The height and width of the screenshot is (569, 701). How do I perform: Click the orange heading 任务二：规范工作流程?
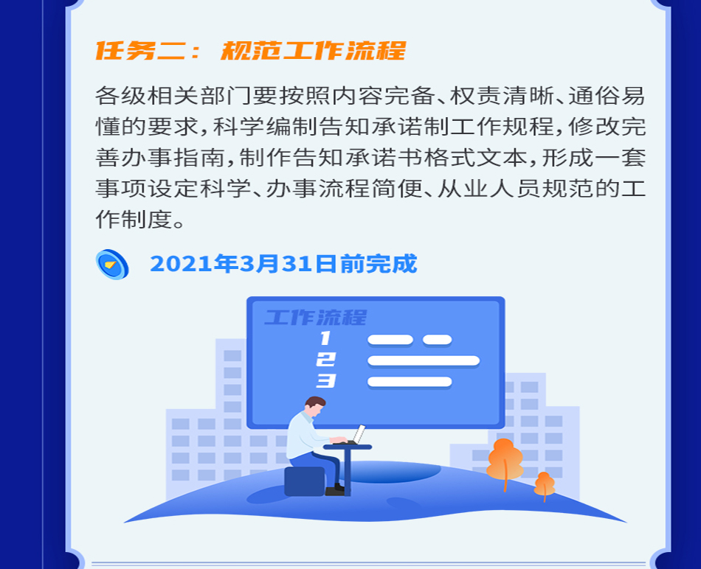[x=251, y=50]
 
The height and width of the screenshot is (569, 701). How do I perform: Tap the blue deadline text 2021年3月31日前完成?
[x=283, y=264]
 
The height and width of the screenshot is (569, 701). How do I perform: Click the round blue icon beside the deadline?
[x=112, y=265]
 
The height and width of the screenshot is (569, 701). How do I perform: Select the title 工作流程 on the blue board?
[x=316, y=318]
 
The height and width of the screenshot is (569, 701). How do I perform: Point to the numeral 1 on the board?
[x=325, y=338]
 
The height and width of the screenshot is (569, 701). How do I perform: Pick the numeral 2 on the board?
[x=326, y=360]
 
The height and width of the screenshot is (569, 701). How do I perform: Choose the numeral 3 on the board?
[x=326, y=381]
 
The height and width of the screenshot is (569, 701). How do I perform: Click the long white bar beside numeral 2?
[x=424, y=361]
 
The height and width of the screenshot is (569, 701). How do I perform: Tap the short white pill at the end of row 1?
[x=438, y=340]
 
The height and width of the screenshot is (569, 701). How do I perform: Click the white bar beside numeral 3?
[x=410, y=382]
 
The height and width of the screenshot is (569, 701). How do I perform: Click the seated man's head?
[x=315, y=406]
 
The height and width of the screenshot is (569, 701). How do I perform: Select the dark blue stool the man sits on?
[x=305, y=481]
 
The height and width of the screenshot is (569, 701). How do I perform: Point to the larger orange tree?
[x=505, y=463]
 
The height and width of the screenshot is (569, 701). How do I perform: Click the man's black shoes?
[x=335, y=490]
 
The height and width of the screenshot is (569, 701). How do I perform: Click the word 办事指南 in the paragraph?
[x=173, y=158]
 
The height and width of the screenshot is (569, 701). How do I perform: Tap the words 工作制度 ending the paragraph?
[x=134, y=219]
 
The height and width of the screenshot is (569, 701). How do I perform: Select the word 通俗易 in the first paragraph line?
[x=607, y=96]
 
